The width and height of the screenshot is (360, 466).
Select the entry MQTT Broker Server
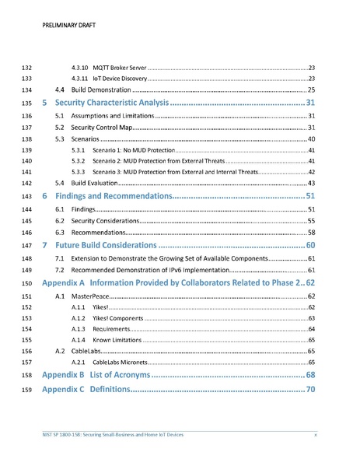pyautogui.click(x=120, y=68)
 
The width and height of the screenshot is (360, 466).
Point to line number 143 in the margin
pyautogui.click(x=25, y=196)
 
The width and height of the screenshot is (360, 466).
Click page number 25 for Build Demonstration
pyautogui.click(x=310, y=90)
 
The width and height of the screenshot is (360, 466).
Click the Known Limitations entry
pyautogui.click(x=115, y=340)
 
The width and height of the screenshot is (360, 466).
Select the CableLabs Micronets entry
pyautogui.click(x=120, y=363)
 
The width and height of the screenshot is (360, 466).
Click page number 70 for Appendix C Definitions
pyautogui.click(x=310, y=389)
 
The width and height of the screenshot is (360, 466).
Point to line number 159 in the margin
pyautogui.click(x=25, y=389)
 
